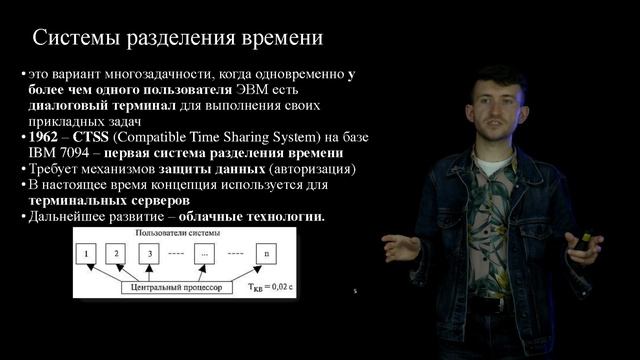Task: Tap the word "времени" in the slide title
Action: [279, 40]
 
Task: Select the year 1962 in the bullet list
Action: [48, 137]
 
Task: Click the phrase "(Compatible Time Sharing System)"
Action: [204, 137]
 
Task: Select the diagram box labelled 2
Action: [118, 255]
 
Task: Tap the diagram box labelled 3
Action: [150, 255]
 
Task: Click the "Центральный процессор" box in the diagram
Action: [176, 287]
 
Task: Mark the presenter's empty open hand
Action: [400, 246]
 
